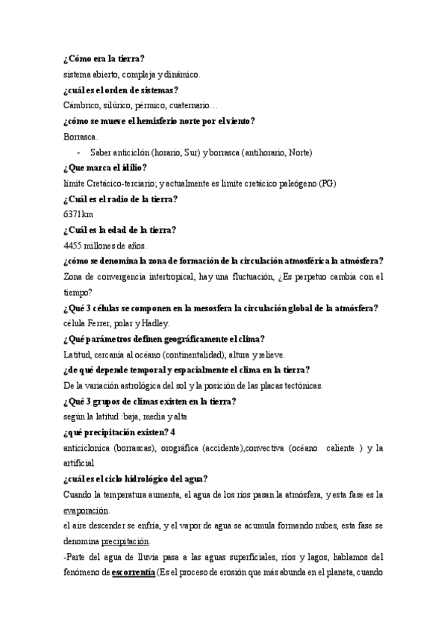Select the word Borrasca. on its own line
pos(81,137)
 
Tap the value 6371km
pos(79,214)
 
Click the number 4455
pos(75,246)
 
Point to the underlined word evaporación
pos(86,511)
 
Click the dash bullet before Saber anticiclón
pos(80,152)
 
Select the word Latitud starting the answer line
pos(78,355)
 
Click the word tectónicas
pos(298,386)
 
